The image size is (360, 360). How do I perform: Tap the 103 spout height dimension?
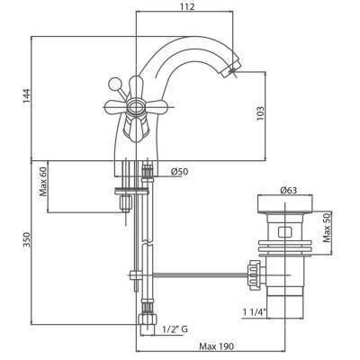(x=259, y=114)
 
